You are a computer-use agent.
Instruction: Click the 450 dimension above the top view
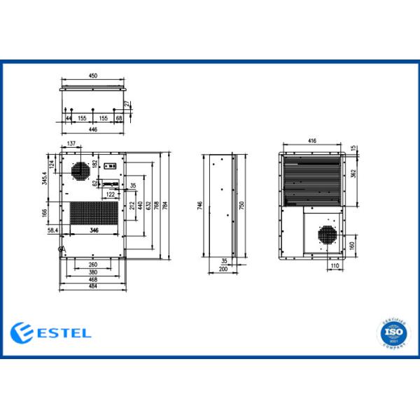93,76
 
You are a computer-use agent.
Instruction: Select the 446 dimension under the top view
93,130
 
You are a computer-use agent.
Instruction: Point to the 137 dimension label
71,143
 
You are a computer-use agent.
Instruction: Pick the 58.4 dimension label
52,230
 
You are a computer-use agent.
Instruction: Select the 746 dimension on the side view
200,205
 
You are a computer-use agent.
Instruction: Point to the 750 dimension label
241,205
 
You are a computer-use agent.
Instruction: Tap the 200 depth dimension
223,269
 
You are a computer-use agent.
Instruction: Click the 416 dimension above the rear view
311,141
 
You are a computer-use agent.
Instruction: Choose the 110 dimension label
335,267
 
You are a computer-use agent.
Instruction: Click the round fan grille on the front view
79,170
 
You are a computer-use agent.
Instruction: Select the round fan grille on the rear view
325,234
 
